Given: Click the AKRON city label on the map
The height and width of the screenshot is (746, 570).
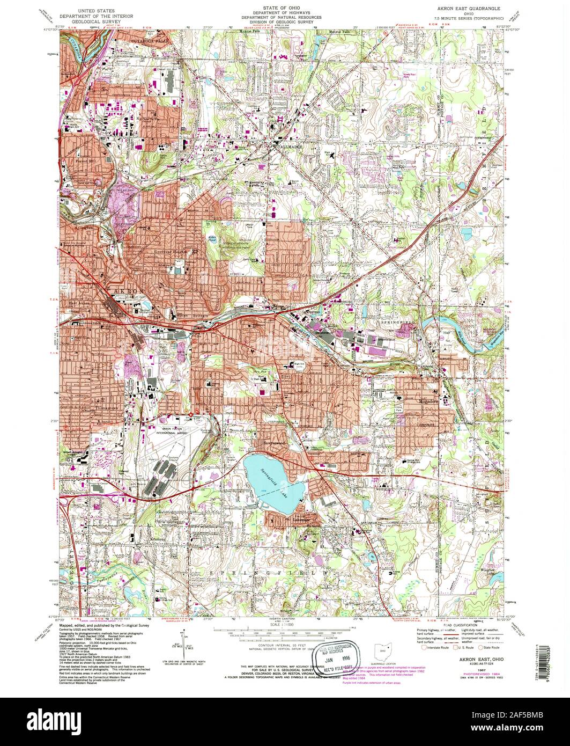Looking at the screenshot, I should point(127,291).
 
